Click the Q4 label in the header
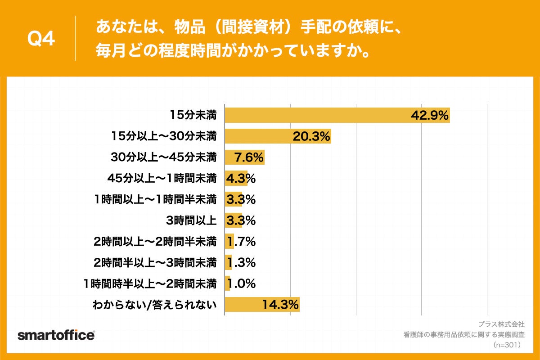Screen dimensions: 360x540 41,40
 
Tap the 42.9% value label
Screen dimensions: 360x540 430,116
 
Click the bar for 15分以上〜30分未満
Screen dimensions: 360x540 278,136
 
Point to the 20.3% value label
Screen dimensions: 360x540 311,136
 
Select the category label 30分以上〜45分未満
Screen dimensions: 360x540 164,157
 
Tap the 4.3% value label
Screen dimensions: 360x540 241,179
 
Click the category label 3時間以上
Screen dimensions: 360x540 192,220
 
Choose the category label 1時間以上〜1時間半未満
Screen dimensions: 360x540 156,199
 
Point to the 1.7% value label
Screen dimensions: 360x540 241,242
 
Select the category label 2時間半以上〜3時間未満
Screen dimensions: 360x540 156,262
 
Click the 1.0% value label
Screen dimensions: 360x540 241,283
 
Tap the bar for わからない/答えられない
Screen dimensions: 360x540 262,305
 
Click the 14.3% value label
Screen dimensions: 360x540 280,305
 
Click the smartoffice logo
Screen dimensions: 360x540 56,335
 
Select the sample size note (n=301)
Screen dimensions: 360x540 507,345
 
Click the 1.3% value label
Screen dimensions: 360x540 241,262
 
